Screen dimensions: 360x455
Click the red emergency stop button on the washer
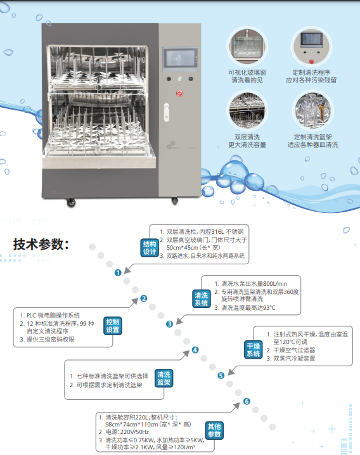coord(180,93)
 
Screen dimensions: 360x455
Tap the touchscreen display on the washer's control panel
coord(180,58)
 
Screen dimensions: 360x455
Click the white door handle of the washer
coord(166,112)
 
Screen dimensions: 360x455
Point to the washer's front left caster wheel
coord(71,203)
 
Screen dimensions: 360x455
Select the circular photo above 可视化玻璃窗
coord(247,46)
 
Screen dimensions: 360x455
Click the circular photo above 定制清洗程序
coord(312,46)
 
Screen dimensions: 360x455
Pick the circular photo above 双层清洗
coord(247,111)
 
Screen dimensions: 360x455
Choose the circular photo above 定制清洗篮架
coord(312,111)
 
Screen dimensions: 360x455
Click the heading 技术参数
coord(41,245)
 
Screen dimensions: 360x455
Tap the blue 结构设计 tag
coord(150,248)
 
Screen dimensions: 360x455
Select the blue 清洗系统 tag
coord(201,299)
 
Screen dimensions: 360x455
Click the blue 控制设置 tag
coord(113,326)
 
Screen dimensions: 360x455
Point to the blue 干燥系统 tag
coord(253,350)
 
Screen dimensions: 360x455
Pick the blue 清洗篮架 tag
coord(164,378)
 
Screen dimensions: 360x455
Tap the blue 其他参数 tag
coord(214,430)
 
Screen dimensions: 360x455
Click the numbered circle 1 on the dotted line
coord(118,272)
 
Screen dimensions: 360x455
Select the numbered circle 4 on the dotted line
coord(195,350)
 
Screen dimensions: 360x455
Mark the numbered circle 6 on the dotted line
coord(247,401)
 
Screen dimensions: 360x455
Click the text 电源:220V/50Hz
coord(124,432)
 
